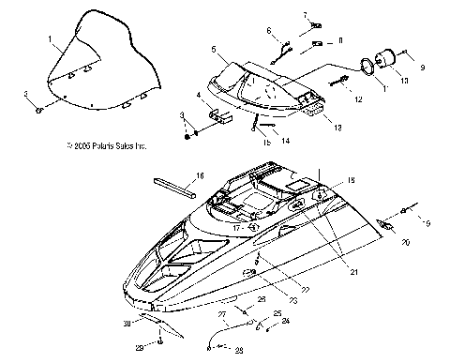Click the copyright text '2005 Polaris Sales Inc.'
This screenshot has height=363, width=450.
coord(107,146)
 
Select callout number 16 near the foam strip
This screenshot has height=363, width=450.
coord(199,175)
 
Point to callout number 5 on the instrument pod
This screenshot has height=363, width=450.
coord(214,48)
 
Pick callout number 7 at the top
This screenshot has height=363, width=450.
coord(304,14)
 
